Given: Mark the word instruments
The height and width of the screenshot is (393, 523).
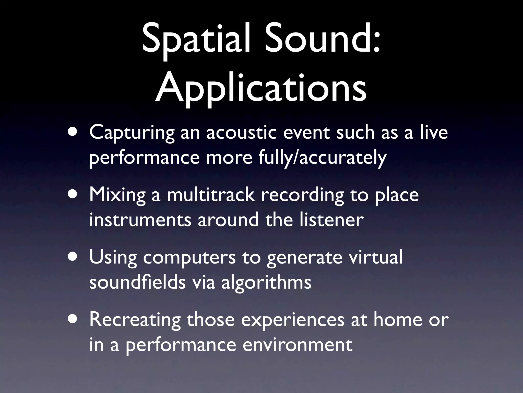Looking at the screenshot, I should point(140,220).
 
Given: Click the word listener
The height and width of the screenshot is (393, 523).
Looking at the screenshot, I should point(331,220).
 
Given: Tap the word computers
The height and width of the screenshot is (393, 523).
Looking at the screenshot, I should point(189,257).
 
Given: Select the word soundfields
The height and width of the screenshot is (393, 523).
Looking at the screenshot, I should point(137,282).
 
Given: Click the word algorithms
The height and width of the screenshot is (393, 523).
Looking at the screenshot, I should point(266,282).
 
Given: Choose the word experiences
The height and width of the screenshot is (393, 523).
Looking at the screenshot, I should point(293,320).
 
